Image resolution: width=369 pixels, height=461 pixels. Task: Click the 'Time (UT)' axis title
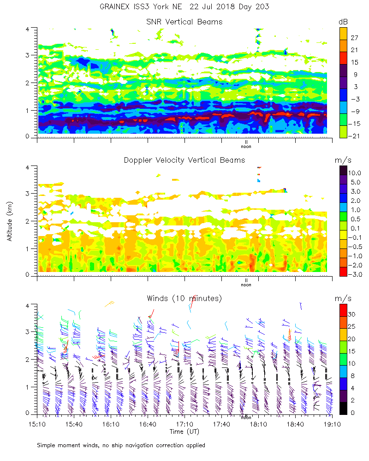pos(184,431)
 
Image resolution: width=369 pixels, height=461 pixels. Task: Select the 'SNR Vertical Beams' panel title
pos(184,22)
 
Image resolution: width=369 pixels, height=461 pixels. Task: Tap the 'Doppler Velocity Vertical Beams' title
pos(184,160)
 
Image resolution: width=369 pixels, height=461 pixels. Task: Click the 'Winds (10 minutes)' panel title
pos(184,298)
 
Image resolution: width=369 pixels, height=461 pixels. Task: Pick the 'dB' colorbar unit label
pos(343,22)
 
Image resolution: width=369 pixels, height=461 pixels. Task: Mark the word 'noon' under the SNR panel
pos(246,147)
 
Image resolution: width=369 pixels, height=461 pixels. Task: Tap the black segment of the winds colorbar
pos(343,408)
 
